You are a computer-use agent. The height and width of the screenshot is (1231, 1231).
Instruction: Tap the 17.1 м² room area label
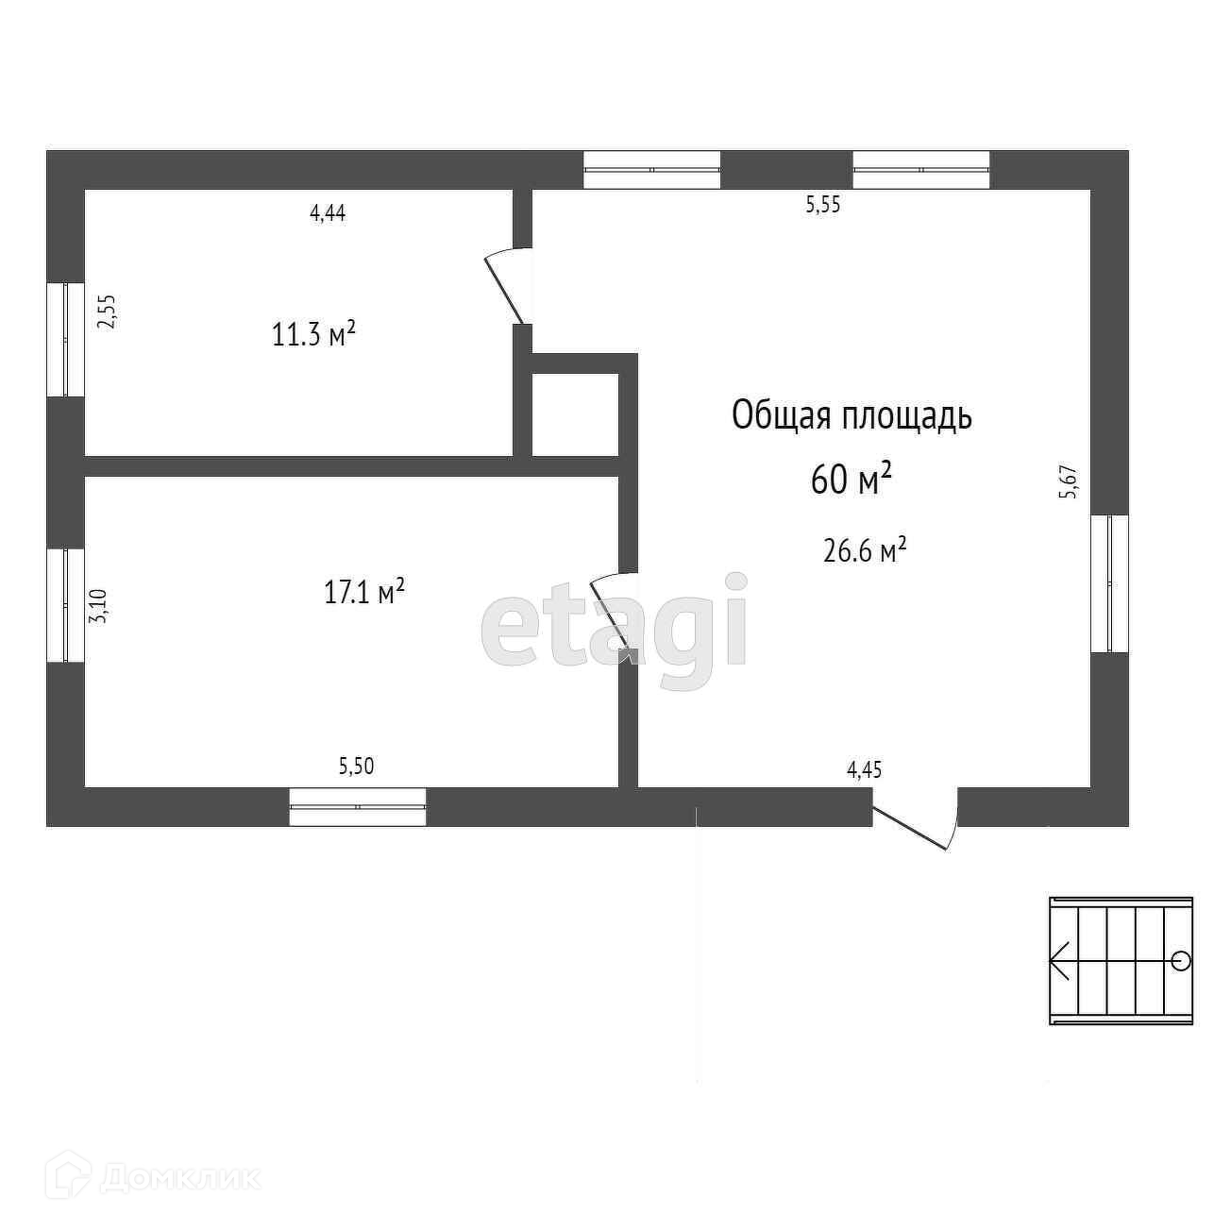click(x=364, y=593)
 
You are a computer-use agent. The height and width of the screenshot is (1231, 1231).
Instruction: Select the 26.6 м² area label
click(x=865, y=550)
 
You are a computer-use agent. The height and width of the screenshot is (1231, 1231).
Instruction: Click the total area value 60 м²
click(x=851, y=481)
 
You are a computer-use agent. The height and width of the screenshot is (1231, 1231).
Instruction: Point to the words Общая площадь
click(x=852, y=415)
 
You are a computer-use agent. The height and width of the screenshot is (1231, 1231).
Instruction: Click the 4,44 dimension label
click(x=328, y=213)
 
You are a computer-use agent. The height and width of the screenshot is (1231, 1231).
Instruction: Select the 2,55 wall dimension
click(x=108, y=311)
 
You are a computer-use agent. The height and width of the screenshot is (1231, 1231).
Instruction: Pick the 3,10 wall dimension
click(x=98, y=605)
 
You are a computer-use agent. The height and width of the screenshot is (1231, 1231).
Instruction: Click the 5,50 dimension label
click(x=356, y=767)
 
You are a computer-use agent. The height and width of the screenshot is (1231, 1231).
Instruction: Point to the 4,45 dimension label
click(x=864, y=769)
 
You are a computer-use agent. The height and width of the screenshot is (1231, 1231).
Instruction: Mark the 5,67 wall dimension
click(x=1069, y=481)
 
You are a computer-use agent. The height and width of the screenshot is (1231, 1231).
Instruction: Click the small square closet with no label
click(x=575, y=414)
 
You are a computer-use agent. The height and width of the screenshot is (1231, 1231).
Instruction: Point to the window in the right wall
click(x=1109, y=583)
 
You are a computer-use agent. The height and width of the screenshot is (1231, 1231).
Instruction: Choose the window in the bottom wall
click(x=357, y=807)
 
